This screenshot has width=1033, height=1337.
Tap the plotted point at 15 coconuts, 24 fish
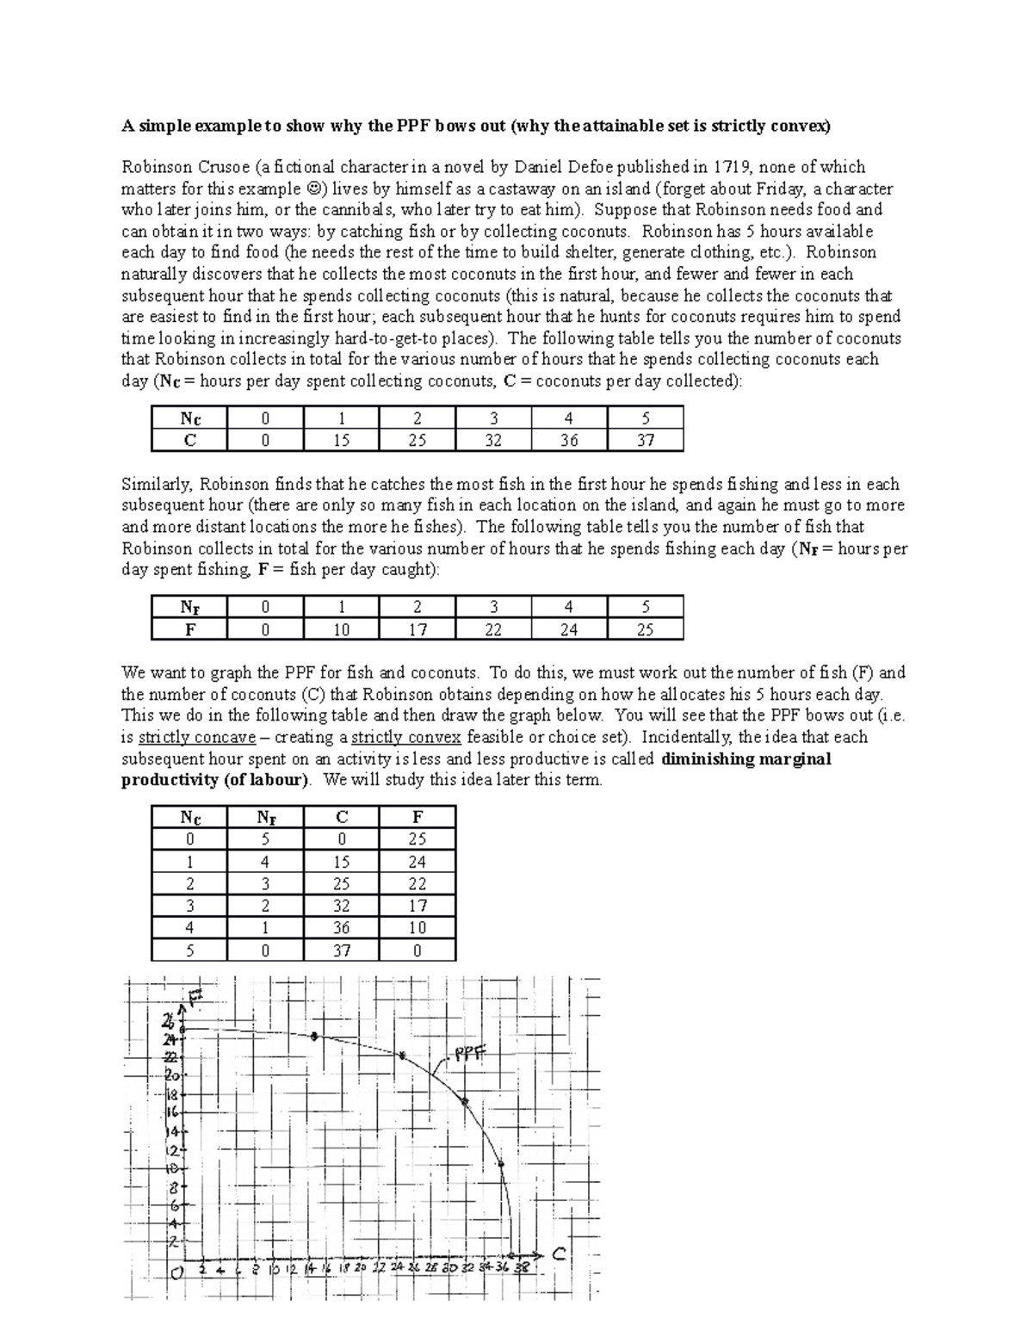point(314,1036)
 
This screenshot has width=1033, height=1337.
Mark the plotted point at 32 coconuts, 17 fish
point(465,1101)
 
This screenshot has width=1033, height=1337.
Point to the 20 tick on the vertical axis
point(170,1076)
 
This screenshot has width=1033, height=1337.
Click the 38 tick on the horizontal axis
point(522,1267)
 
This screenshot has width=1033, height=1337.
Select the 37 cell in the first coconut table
point(645,440)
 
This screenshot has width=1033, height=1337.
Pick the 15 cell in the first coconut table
point(341,440)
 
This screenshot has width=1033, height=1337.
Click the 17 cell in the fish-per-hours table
point(418,629)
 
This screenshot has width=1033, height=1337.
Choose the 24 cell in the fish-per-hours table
point(569,629)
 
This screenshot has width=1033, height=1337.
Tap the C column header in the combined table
point(342,817)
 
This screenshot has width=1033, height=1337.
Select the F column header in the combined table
point(418,817)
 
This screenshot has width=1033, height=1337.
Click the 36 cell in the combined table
point(342,928)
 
